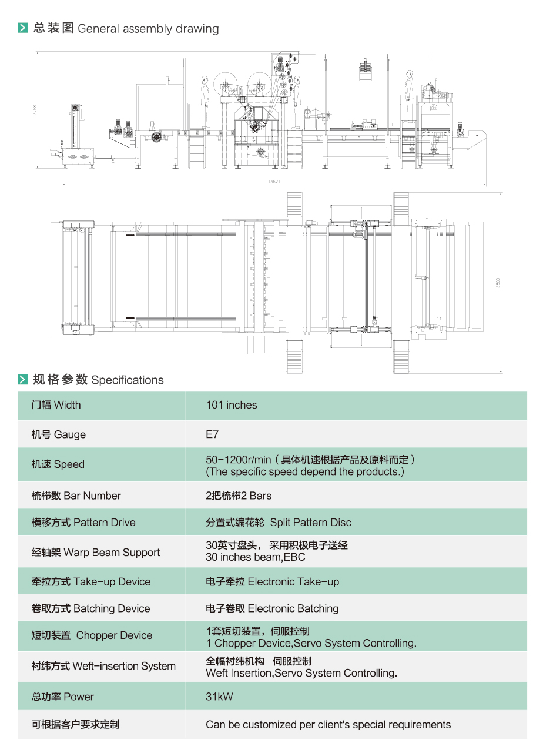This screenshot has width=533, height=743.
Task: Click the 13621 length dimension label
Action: pos(273,182)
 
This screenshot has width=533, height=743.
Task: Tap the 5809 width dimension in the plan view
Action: pos(498,282)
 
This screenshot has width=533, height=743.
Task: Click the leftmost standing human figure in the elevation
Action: pos(205,100)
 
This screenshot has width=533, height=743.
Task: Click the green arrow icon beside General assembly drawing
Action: pos(23,28)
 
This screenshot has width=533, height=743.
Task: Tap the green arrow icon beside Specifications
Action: pos(23,380)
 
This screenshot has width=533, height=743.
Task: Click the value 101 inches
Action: pos(231,405)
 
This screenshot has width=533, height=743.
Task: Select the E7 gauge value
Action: pos(212,435)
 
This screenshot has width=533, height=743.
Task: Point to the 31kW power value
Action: pos(219,697)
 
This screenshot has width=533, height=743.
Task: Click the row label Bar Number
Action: pos(76,496)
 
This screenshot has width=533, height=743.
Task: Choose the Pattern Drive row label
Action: pos(83,523)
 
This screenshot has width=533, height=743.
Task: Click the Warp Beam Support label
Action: pos(95,553)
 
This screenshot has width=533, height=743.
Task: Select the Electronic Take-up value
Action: pos(272,582)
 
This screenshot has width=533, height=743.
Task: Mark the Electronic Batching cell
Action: pos(272,608)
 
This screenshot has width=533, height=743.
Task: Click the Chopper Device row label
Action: pos(92,635)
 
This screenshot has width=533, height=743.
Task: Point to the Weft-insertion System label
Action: pos(103,666)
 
